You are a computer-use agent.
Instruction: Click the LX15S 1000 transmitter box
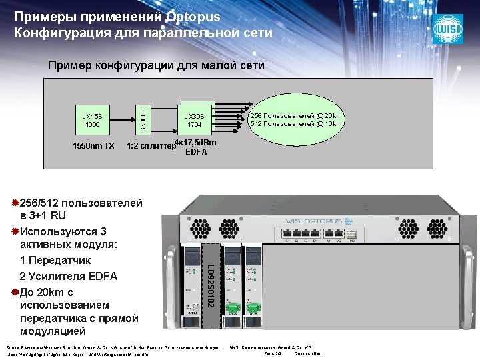pyautogui.click(x=92, y=120)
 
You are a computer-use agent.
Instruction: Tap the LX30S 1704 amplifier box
pyautogui.click(x=195, y=120)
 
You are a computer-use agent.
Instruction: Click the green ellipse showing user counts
pyautogui.click(x=296, y=120)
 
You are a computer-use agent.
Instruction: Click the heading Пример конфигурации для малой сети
pyautogui.click(x=156, y=65)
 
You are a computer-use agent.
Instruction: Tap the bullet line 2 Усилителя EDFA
pyautogui.click(x=69, y=276)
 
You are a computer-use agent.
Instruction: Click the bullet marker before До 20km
pyautogui.click(x=15, y=292)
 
